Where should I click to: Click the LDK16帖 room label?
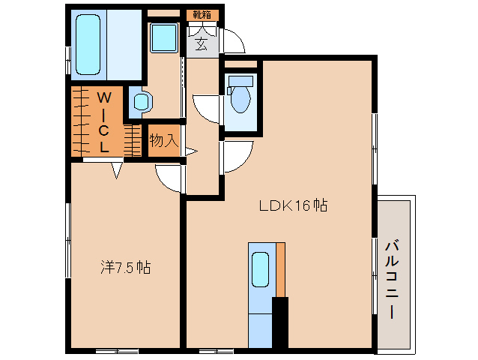pos(293,205)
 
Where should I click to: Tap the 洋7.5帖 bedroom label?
pos(126,268)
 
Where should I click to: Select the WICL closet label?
pos(103,121)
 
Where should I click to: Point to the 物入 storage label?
pos(163,141)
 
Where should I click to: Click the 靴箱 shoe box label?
pos(202,15)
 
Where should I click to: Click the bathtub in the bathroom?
pos(88,44)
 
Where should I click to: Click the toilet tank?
pos(240,81)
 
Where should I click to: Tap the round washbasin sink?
pos(142,101)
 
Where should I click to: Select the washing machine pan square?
pos(164,37)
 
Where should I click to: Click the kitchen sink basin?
pos(260,269)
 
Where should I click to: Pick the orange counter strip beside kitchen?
pos(280,270)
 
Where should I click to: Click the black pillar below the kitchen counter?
pos(280,322)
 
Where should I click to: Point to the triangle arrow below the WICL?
pos(116,170)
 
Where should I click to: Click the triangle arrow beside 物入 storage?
pos(191,151)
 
